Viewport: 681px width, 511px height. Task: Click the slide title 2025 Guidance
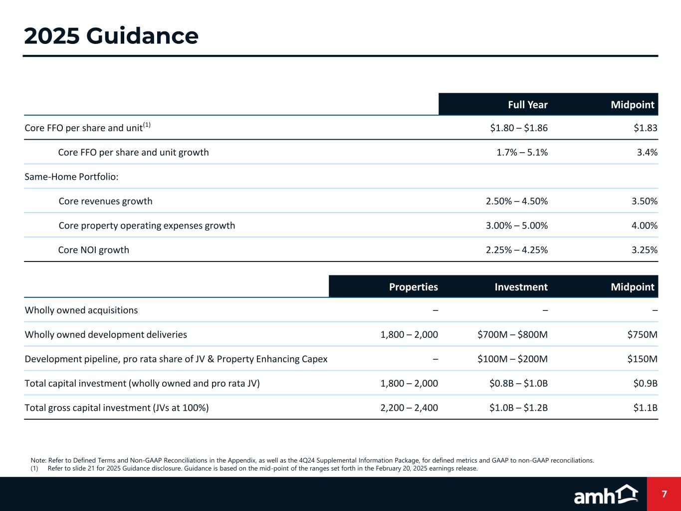coord(111,36)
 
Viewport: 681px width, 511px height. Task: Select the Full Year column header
coord(527,105)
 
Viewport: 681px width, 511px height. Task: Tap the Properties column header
coord(413,287)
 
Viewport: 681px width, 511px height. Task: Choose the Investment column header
coord(521,287)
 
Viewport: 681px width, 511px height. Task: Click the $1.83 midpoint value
coord(645,128)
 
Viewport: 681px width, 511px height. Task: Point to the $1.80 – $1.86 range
coord(519,128)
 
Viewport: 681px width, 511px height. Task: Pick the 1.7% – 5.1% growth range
coord(522,152)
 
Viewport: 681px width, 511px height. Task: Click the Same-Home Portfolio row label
coord(71,177)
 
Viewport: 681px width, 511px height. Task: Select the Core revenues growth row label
coord(105,201)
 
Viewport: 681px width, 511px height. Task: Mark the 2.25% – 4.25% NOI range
coord(516,250)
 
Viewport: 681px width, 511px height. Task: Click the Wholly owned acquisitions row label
coord(81,310)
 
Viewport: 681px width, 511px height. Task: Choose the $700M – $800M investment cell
coord(512,335)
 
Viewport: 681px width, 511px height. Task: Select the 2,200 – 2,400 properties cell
coord(409,408)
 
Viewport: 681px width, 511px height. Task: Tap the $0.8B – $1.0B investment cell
coord(518,384)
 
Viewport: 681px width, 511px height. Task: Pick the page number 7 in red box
coord(664,495)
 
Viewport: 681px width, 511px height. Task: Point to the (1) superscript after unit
coord(146,125)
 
